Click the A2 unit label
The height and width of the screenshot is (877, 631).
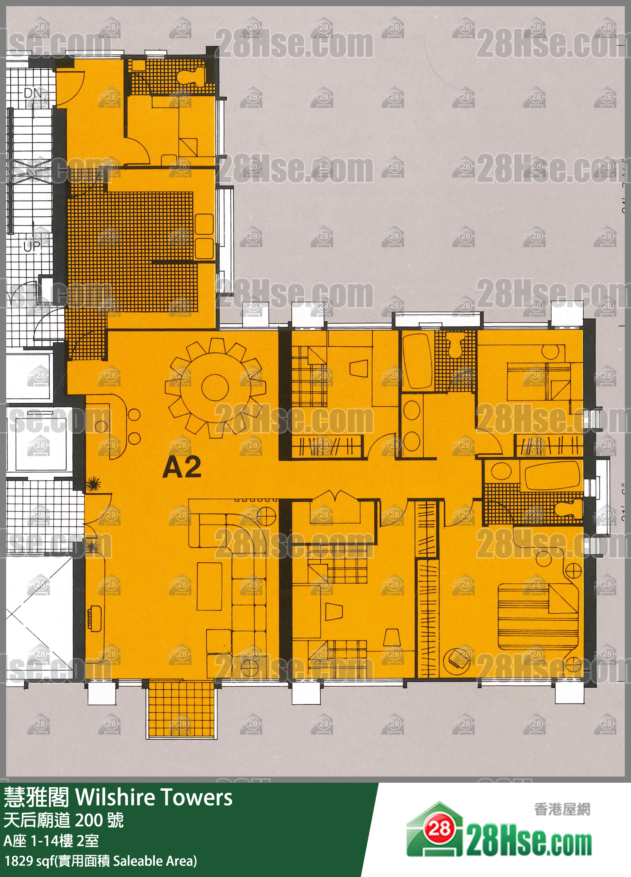(182, 467)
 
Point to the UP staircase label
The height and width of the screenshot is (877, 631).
(31, 246)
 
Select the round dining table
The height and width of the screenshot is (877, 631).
(215, 387)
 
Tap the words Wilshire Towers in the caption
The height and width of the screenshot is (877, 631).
(154, 797)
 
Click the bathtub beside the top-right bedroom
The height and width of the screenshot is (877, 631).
(417, 361)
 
